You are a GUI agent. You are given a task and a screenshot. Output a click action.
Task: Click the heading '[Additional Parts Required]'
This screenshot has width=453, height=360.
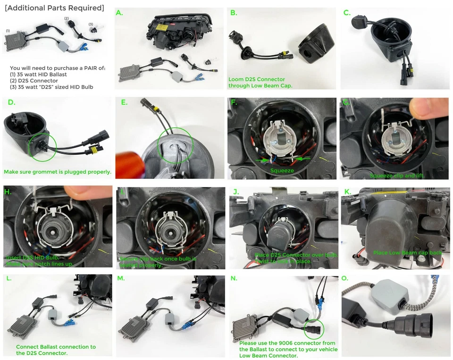tap(54, 8)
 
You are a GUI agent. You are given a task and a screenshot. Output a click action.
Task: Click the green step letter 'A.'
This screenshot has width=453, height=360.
tap(120, 13)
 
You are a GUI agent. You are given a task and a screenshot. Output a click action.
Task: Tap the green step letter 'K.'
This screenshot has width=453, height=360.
tap(347, 192)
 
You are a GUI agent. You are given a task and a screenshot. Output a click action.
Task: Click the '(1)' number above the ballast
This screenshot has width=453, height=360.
tap(8, 31)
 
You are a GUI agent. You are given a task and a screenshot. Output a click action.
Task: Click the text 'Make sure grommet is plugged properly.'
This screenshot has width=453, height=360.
tap(58, 172)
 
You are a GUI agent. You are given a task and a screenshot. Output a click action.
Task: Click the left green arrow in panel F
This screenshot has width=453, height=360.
tap(260, 160)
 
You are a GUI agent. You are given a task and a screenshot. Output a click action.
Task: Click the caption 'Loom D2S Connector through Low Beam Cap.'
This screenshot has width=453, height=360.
tap(257, 83)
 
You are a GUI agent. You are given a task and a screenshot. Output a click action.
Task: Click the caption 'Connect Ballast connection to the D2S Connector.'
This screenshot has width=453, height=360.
tap(56, 350)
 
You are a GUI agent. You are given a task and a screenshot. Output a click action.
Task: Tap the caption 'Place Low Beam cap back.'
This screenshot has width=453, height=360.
tap(408, 253)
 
